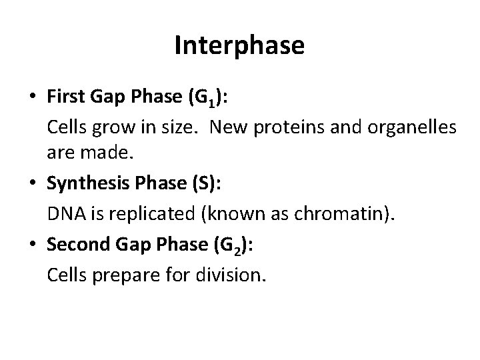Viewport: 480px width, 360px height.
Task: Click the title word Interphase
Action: (x=239, y=45)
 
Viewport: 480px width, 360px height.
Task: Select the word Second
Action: (x=74, y=245)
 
